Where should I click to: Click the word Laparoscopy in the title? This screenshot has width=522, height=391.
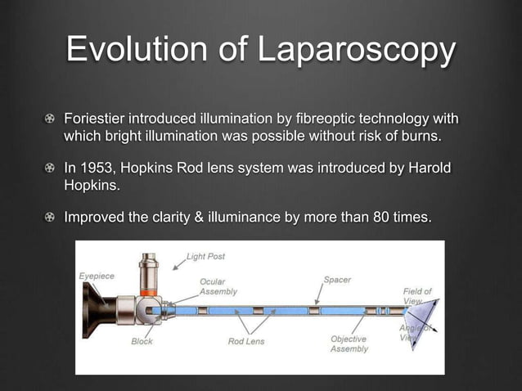coord(357,51)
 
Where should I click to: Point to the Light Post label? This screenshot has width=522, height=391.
coord(205,256)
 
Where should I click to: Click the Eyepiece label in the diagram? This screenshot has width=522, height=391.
coord(97,276)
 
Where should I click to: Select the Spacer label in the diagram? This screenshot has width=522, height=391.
coord(337,280)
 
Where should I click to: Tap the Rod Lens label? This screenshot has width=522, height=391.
coord(246,341)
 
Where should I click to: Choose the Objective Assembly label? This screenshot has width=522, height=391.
coord(349,344)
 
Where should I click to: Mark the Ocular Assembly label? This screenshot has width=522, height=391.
coord(219,286)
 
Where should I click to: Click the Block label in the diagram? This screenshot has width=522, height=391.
coord(142,341)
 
